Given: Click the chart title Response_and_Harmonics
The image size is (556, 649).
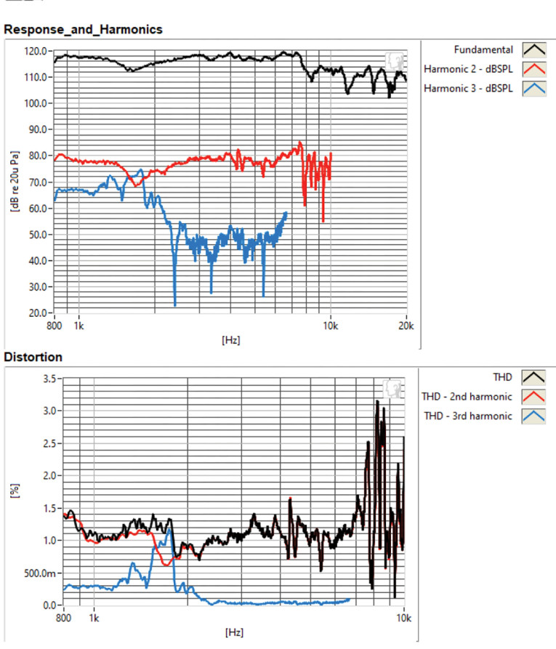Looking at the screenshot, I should pyautogui.click(x=83, y=30).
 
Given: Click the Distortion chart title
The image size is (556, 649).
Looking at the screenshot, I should pyautogui.click(x=33, y=358).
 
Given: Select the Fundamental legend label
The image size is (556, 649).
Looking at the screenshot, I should pyautogui.click(x=483, y=50).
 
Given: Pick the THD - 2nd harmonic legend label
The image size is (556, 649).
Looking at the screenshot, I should pyautogui.click(x=467, y=396).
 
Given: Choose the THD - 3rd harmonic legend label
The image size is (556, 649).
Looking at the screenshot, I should pyautogui.click(x=469, y=416).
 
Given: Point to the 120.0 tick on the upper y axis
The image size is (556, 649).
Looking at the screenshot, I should pyautogui.click(x=35, y=51).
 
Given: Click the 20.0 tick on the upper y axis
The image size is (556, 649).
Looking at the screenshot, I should pyautogui.click(x=37, y=313).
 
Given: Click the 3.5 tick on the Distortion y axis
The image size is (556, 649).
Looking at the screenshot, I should pyautogui.click(x=49, y=379).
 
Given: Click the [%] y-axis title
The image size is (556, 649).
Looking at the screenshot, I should pyautogui.click(x=15, y=492).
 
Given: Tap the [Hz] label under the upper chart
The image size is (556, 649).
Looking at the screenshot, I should pyautogui.click(x=230, y=339).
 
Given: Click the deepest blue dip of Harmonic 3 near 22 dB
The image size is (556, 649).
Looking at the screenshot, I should pyautogui.click(x=175, y=305).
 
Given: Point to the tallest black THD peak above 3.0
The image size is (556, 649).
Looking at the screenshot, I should pyautogui.click(x=377, y=402).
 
